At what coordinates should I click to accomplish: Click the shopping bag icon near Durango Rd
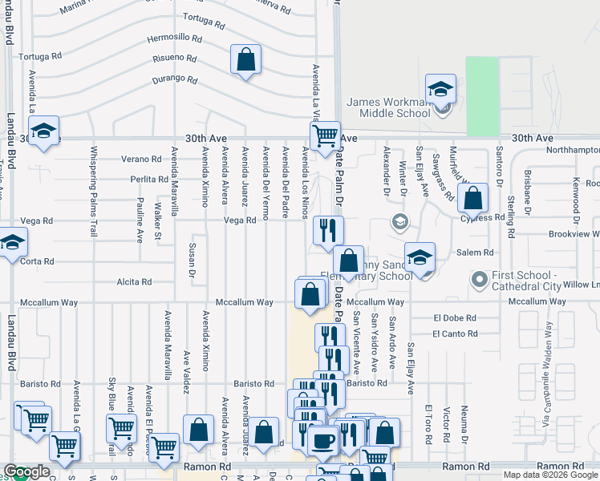click(x=246, y=59)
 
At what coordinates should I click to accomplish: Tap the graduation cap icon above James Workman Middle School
click(x=440, y=89)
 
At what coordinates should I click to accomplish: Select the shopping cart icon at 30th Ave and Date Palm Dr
click(x=325, y=136)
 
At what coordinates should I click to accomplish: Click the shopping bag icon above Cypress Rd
click(x=473, y=197)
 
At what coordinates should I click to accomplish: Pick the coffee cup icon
click(x=322, y=440)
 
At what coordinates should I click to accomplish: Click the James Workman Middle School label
click(x=388, y=107)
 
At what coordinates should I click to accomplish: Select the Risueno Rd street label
click(x=174, y=59)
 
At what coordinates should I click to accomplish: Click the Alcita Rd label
click(x=134, y=282)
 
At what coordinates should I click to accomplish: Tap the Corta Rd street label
click(x=38, y=261)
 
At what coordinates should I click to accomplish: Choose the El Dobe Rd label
click(x=454, y=317)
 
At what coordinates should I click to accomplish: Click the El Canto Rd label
click(x=455, y=333)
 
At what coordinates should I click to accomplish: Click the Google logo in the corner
click(x=26, y=472)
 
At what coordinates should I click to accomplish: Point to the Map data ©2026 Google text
click(x=549, y=475)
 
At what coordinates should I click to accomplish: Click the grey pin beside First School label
click(x=480, y=280)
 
